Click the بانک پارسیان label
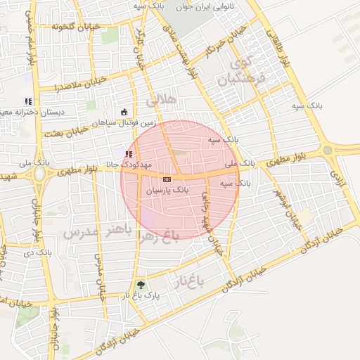point(167,191)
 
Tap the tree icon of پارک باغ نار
point(142,285)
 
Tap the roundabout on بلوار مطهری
point(328,150)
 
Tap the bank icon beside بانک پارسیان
point(167,179)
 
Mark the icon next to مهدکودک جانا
point(128,153)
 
